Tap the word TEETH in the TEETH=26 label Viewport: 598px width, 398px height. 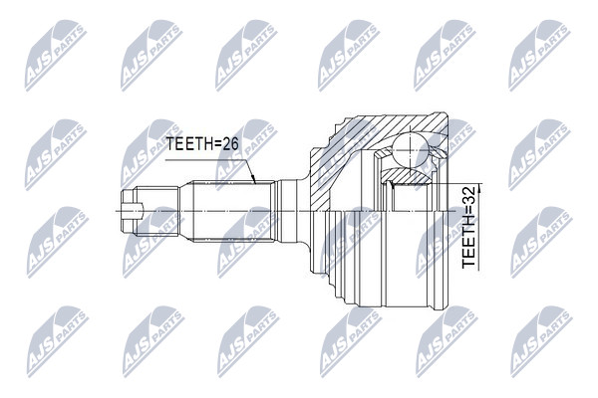pos(186,144)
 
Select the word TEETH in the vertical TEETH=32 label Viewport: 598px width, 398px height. pos(468,249)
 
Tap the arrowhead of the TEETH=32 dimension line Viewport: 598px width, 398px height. pos(479,187)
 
